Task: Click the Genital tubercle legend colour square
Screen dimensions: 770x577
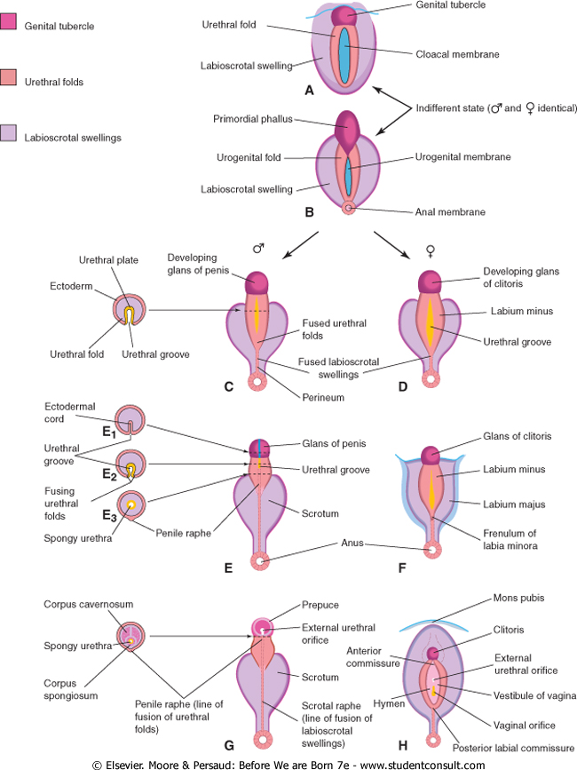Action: [11, 26]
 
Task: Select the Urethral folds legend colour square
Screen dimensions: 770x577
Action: [11, 82]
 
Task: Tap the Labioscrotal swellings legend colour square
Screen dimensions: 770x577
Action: [11, 138]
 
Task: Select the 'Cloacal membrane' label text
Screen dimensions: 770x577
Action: [457, 54]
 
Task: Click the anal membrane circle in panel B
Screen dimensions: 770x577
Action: [348, 209]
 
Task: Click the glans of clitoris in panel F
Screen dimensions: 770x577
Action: [431, 455]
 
